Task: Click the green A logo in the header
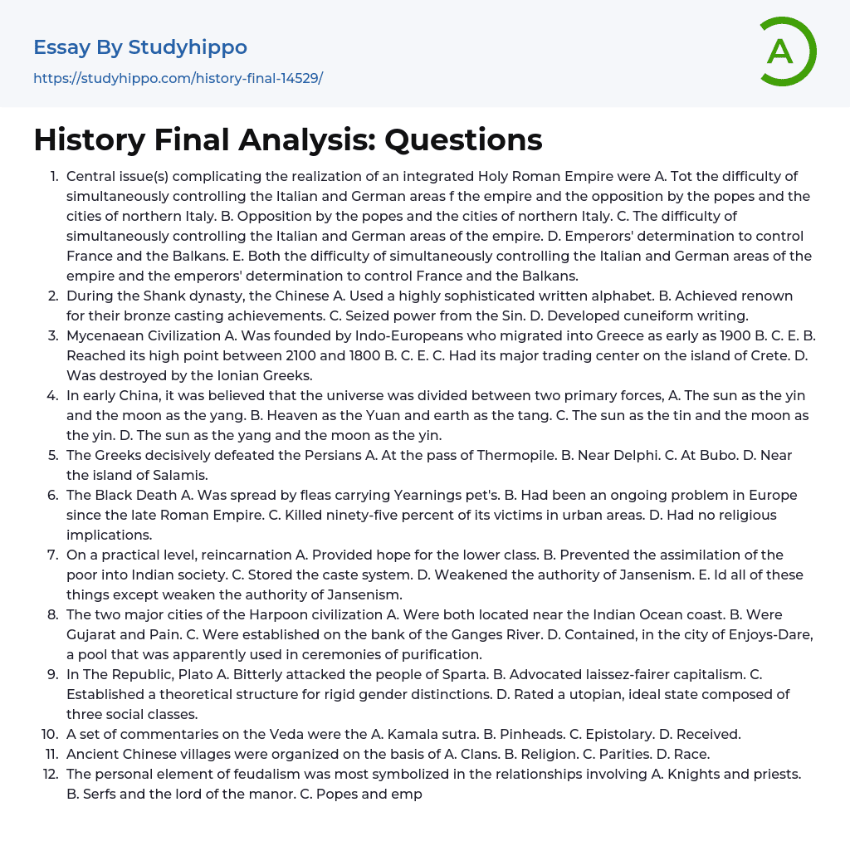(785, 51)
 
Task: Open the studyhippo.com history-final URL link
(178, 79)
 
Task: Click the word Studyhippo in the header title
(188, 47)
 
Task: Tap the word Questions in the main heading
(463, 140)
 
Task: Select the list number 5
(53, 455)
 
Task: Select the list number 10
(50, 734)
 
